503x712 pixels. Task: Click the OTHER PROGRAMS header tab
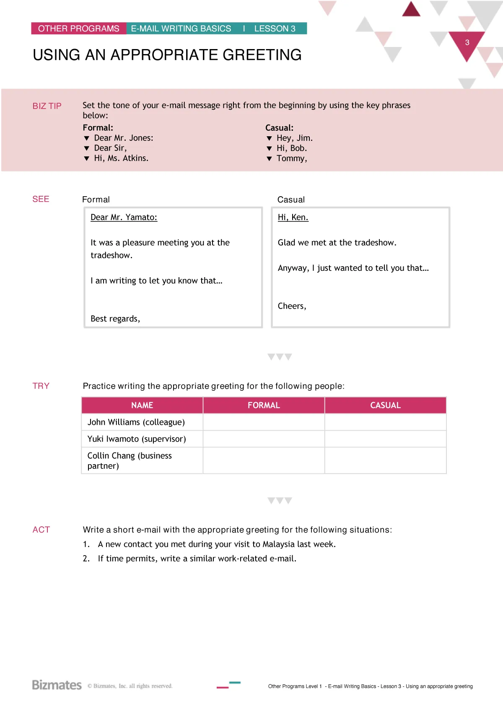79,29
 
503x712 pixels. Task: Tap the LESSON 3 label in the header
275,29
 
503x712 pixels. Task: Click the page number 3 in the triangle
467,43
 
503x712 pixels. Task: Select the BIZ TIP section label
47,106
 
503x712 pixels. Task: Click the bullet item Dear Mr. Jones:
123,138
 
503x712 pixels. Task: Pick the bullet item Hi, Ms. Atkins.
121,158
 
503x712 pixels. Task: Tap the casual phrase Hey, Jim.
294,138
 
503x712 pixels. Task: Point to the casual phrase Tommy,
292,159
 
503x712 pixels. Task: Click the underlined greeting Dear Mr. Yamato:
124,217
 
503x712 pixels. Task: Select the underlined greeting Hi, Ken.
293,217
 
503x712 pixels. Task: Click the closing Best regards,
115,319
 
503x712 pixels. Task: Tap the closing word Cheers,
292,306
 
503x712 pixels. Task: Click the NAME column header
142,405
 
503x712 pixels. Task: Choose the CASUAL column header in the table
385,405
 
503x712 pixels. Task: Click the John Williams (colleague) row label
136,422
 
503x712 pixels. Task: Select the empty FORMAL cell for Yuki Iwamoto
264,439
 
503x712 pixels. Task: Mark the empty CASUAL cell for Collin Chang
385,460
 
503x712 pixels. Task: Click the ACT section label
41,530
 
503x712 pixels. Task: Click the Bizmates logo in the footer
57,685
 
